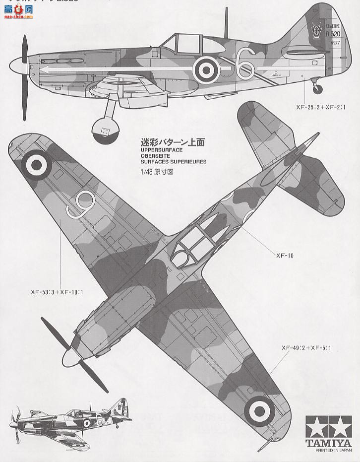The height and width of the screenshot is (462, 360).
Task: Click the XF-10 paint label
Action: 285,256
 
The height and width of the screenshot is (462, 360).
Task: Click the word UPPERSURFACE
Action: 162,150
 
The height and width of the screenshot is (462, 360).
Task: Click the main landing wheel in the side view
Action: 106,131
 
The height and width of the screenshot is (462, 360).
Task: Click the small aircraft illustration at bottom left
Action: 69,419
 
